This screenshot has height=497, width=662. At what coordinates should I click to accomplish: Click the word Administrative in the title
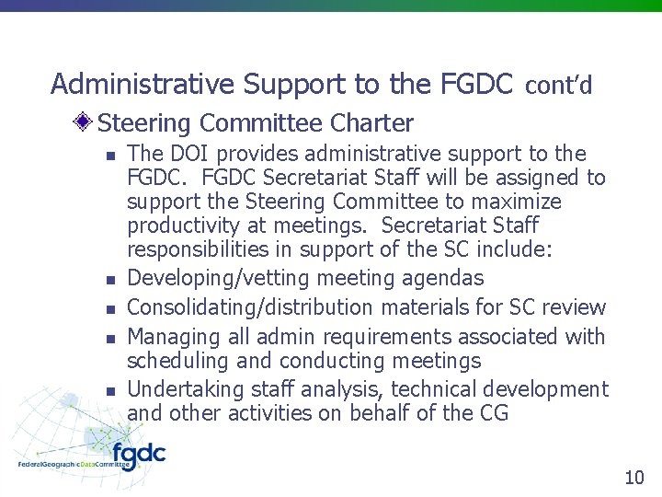[143, 85]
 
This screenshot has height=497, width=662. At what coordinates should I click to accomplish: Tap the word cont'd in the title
[559, 86]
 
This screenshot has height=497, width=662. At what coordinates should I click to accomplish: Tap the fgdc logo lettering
[138, 455]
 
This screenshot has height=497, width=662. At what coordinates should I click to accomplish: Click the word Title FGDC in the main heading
[474, 85]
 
